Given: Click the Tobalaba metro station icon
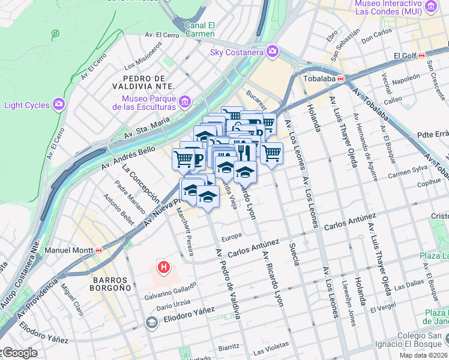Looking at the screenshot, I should click(x=341, y=79).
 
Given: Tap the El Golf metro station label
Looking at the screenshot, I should click(x=405, y=56).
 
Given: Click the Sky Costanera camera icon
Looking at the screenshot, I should click(x=273, y=52).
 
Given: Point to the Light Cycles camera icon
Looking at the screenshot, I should click(x=59, y=105).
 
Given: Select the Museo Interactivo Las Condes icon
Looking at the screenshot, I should click(x=430, y=7).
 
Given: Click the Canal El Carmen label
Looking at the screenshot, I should click(x=200, y=29).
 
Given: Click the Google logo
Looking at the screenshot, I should click(x=19, y=353).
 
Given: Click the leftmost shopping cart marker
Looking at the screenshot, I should click(x=184, y=159).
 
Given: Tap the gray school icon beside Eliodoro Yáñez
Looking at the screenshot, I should click(x=152, y=323).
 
